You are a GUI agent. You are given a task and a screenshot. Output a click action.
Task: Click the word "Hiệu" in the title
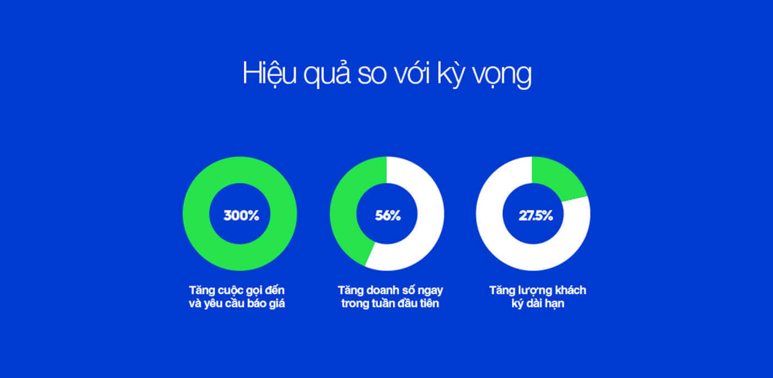tap(269, 73)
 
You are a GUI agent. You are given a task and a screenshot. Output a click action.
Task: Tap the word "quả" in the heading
tap(327, 73)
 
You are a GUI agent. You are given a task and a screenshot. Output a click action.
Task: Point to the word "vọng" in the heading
tap(502, 76)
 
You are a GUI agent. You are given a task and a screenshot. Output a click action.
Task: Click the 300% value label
tap(241, 216)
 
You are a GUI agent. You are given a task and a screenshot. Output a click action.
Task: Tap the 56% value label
tap(388, 216)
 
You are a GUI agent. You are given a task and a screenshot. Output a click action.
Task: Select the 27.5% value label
tap(536, 216)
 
